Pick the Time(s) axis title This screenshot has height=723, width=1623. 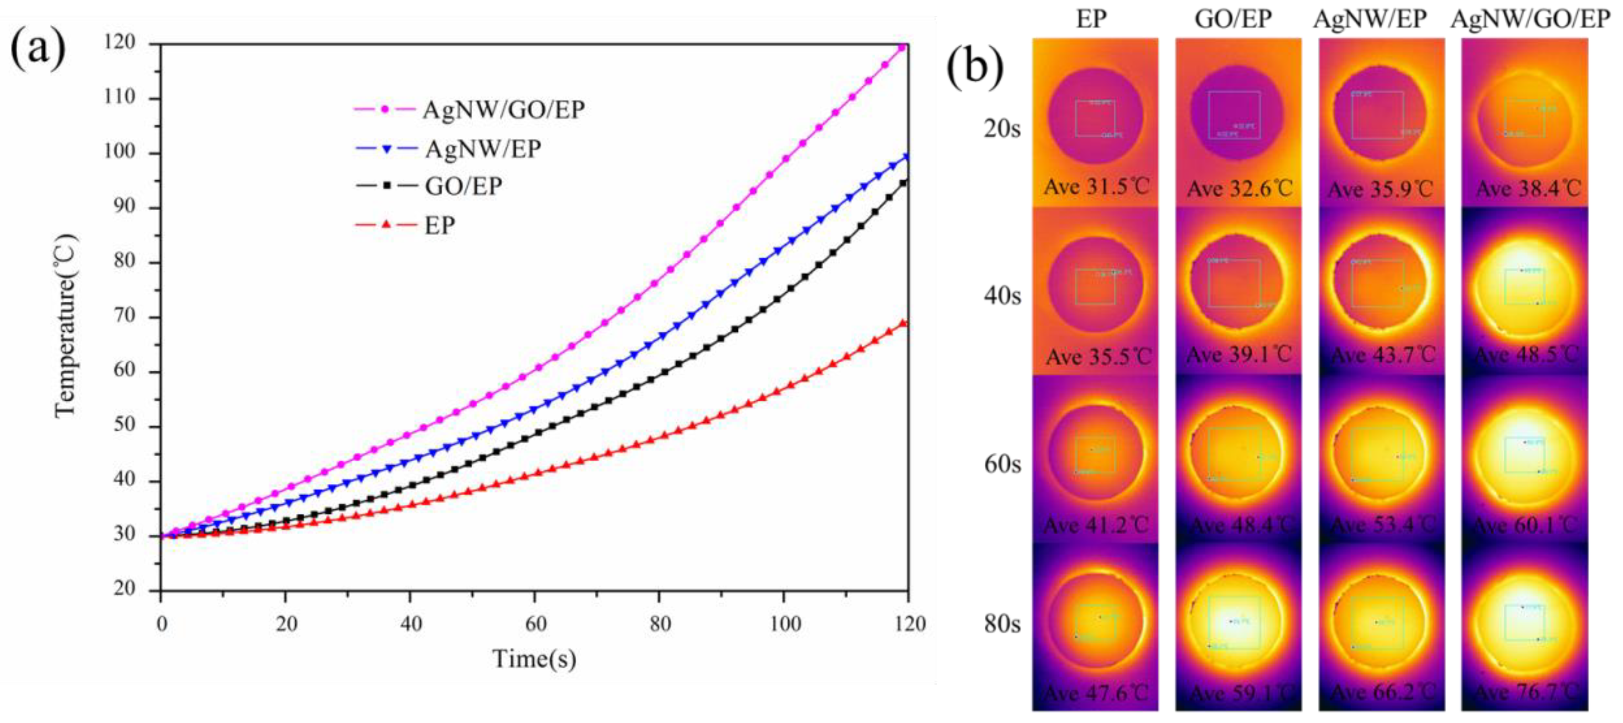point(534,659)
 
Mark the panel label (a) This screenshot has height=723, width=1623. point(38,49)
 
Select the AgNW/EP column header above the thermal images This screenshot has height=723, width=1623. point(1370,19)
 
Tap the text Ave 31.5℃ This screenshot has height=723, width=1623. point(1097,187)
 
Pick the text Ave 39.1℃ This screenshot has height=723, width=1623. point(1239,355)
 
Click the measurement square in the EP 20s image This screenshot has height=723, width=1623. point(1095,118)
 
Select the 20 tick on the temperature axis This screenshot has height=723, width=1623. point(124,590)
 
